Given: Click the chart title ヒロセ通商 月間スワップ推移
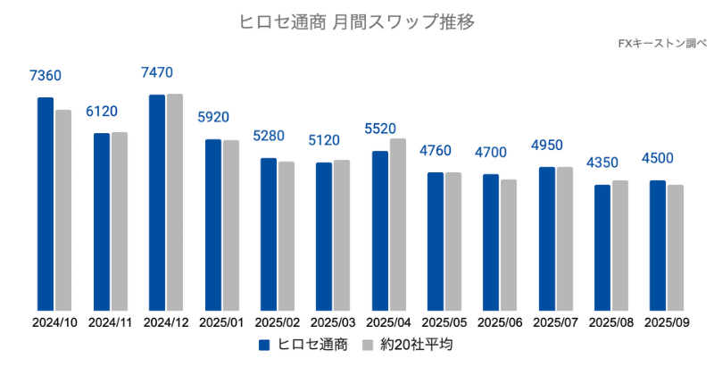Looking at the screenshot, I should coord(356,22).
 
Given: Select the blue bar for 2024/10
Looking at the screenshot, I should coord(46,204).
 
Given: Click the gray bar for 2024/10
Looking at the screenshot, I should coord(62,211).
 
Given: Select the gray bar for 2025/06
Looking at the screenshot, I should coord(509,246).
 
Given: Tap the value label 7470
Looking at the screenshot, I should coord(157,72).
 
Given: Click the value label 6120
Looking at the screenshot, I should coord(102,112).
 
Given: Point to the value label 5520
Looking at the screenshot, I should coord(380,129).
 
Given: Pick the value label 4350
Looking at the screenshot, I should coord(602,163).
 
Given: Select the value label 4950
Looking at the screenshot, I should coord(547,145).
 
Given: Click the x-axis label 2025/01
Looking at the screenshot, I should coord(221,321).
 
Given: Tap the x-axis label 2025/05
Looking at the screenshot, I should coord(444,321).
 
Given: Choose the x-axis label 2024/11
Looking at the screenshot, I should coord(110,321).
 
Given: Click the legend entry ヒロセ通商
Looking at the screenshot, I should coord(303,344).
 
